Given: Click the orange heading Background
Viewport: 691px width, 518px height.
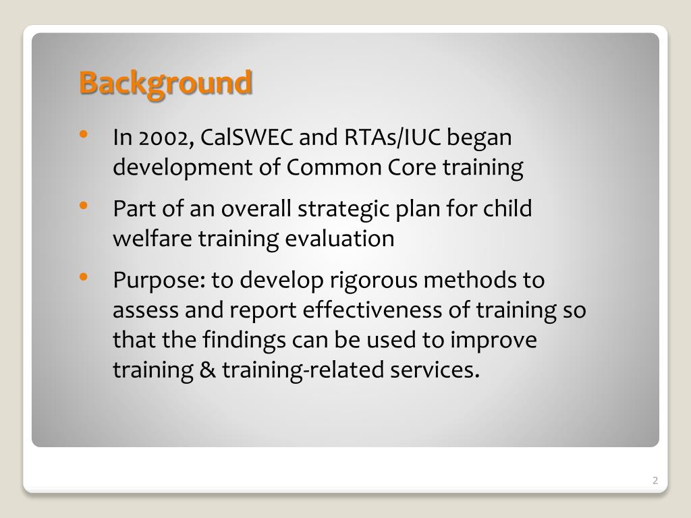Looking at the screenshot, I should coord(165,84).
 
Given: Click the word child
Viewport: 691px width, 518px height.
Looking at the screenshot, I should coord(506,209).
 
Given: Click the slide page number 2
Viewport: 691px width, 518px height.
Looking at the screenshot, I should coord(655,481).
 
